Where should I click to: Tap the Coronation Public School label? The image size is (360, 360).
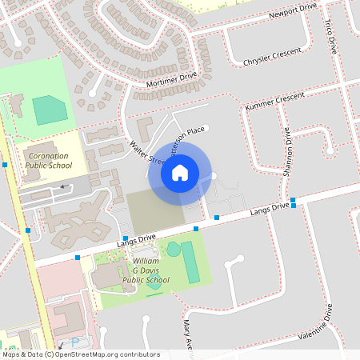point(48,160)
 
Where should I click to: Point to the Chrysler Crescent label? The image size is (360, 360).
point(272,58)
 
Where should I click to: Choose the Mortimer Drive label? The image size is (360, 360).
point(171,80)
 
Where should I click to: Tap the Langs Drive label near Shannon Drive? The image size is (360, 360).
point(269,208)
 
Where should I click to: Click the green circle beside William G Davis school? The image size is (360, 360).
point(174,250)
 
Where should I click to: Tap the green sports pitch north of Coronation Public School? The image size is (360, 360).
point(50,110)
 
